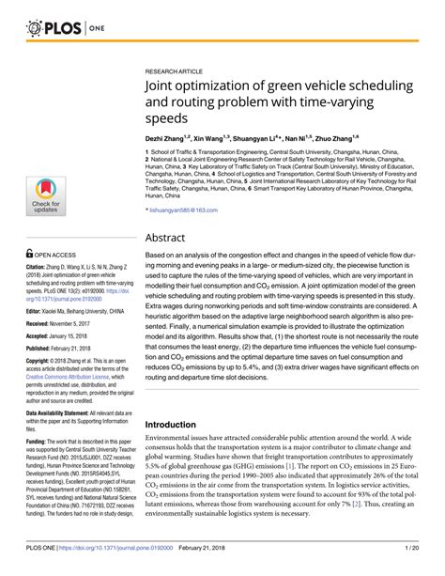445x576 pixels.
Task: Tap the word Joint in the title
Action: click(166, 87)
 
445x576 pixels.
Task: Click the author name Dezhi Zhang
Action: click(169, 138)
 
